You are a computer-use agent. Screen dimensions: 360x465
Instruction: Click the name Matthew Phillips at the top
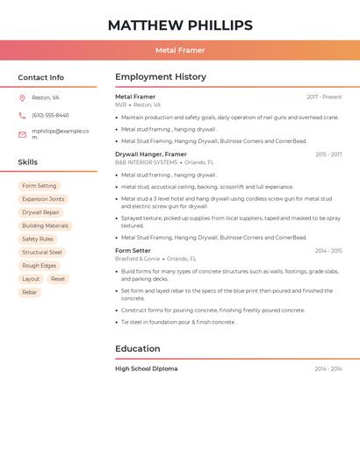[180, 25]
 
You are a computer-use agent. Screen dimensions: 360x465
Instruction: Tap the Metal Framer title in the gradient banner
[180, 50]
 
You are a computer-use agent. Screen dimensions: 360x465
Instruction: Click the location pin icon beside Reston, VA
[22, 97]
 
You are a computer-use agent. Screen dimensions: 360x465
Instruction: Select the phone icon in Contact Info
[22, 115]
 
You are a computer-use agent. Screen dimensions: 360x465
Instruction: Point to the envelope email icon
[22, 133]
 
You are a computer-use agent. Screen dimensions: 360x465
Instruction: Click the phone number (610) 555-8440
[50, 115]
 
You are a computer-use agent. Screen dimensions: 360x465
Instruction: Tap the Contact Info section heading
[40, 77]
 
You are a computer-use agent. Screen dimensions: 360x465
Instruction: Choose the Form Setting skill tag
[40, 186]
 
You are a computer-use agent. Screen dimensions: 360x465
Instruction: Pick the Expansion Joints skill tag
[43, 199]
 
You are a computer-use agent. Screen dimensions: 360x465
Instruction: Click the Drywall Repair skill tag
[41, 212]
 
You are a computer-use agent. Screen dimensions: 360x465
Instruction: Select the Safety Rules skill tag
[38, 239]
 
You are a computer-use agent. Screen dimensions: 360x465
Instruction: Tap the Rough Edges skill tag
[40, 265]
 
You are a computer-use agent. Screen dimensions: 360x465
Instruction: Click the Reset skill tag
[58, 279]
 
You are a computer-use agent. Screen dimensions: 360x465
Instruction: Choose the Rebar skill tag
[30, 292]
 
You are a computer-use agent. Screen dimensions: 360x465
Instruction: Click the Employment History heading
[160, 77]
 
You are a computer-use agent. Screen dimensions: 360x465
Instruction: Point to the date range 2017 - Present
[324, 97]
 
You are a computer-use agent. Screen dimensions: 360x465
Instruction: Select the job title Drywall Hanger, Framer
[151, 154]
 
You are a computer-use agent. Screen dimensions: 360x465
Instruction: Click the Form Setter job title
[133, 251]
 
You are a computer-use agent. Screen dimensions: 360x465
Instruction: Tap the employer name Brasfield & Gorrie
[138, 259]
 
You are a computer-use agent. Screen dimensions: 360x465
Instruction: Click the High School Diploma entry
[146, 368]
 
